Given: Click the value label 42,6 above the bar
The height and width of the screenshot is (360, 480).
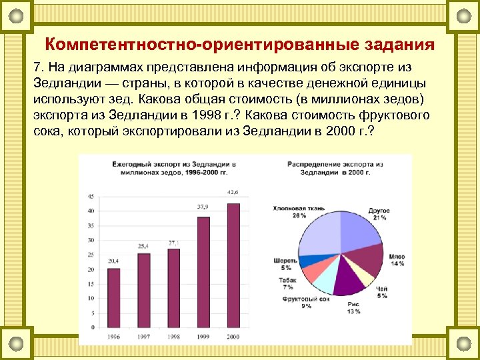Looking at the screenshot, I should click(x=233, y=192).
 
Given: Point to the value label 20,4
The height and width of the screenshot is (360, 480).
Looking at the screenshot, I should click(x=113, y=260).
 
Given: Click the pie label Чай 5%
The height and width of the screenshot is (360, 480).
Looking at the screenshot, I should click(x=381, y=292).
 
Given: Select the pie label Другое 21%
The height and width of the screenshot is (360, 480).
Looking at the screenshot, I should click(x=379, y=214).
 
